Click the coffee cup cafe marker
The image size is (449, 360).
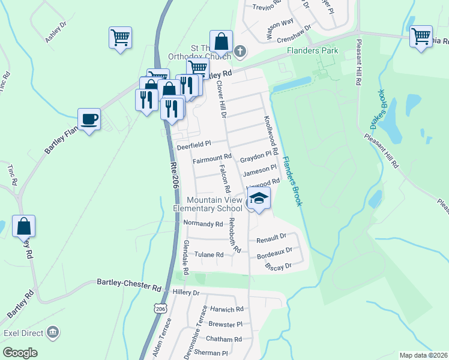[x=89, y=118]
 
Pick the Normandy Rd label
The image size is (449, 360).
[x=203, y=224]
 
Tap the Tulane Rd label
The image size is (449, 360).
[x=209, y=254]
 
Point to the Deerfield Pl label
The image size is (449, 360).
[x=194, y=145]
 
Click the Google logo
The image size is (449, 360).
[x=20, y=352]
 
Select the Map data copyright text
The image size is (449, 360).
[x=423, y=355]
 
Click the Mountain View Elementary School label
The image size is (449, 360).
[x=207, y=204]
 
